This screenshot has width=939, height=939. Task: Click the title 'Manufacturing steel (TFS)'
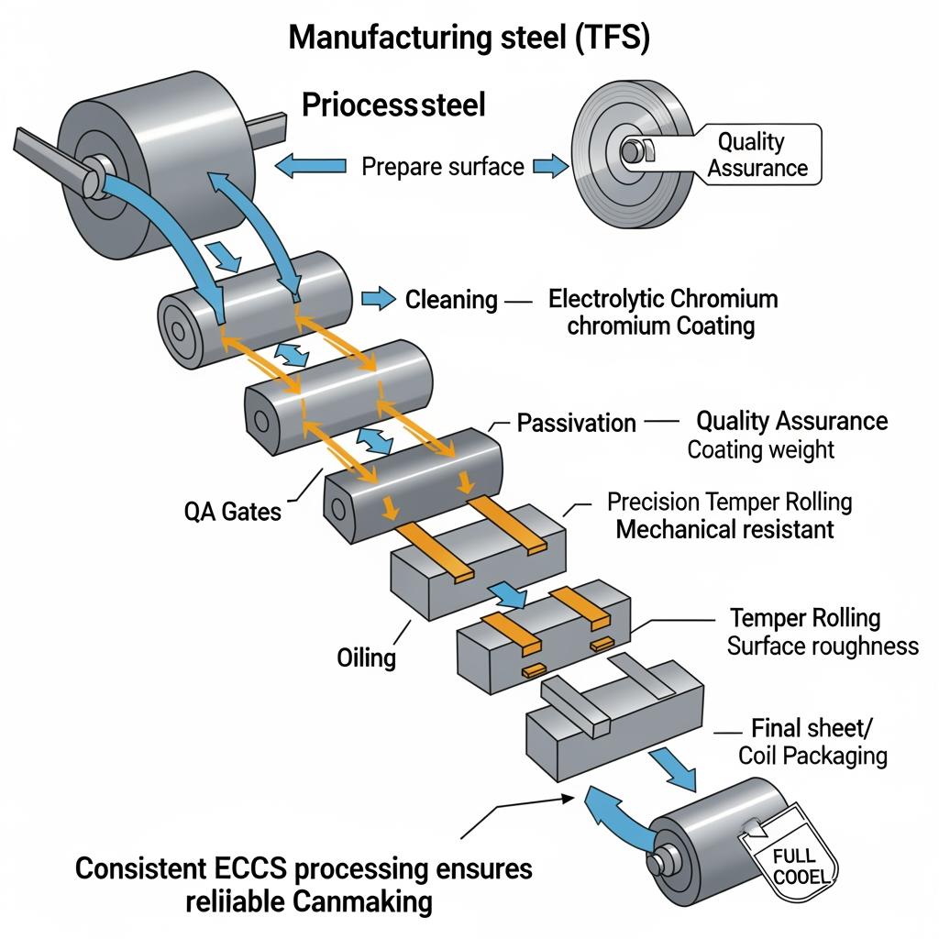(x=470, y=38)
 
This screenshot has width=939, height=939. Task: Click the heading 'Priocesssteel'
(x=393, y=105)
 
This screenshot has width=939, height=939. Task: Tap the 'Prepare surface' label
(x=443, y=166)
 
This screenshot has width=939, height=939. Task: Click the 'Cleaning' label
(x=451, y=299)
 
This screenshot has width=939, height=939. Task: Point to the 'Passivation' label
(x=576, y=423)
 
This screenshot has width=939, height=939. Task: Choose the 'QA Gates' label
(x=233, y=511)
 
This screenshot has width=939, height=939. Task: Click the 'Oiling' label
(x=366, y=657)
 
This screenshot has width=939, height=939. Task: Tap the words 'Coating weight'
(x=761, y=449)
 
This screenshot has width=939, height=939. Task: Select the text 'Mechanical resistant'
(x=724, y=529)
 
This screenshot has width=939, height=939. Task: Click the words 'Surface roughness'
(x=823, y=646)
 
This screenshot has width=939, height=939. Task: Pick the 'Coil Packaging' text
(x=812, y=756)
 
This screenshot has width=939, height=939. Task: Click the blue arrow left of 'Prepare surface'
(x=311, y=166)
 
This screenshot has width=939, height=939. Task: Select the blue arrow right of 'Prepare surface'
(x=550, y=166)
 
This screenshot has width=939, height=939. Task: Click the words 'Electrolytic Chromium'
(x=663, y=299)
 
